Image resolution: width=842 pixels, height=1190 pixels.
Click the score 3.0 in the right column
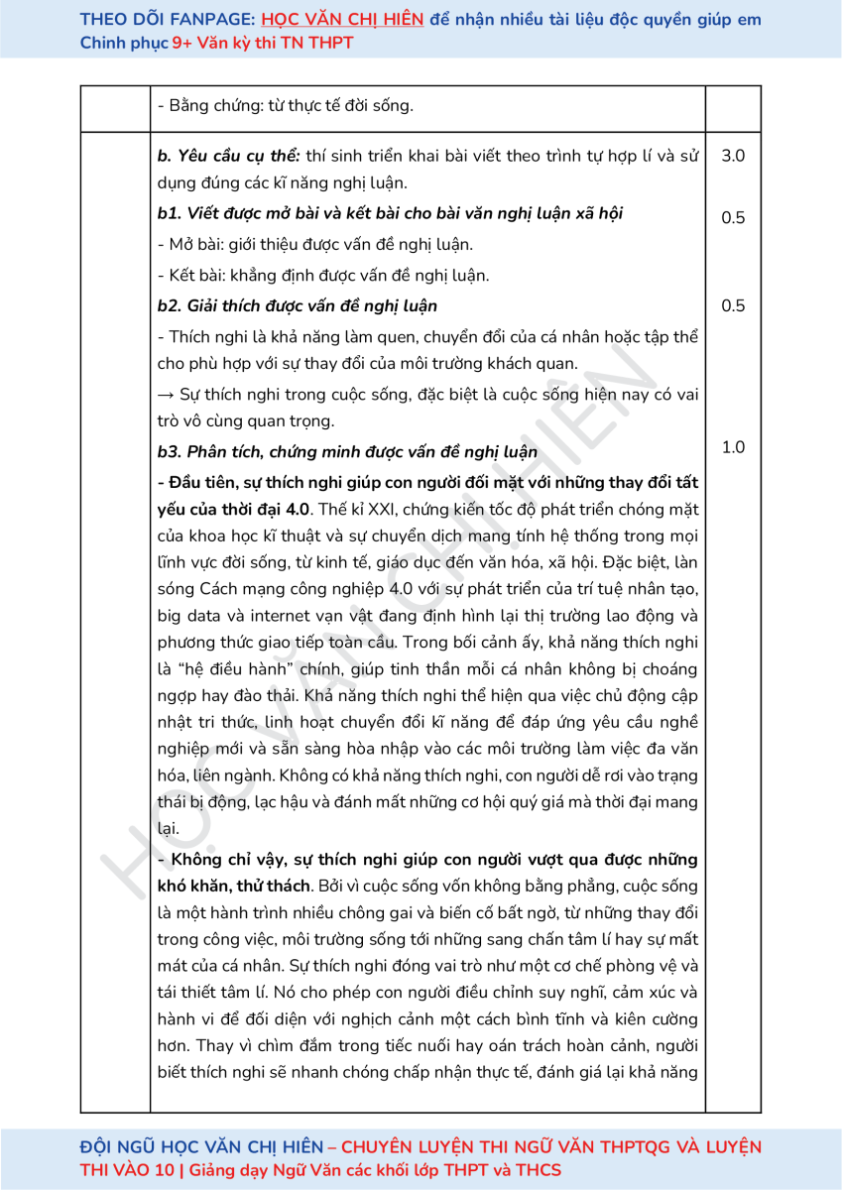(733, 157)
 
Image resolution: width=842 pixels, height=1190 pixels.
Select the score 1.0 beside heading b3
(733, 447)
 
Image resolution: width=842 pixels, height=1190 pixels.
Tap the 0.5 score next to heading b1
(733, 218)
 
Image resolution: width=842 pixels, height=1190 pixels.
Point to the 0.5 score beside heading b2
(733, 305)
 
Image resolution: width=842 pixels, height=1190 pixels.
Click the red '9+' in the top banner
(183, 43)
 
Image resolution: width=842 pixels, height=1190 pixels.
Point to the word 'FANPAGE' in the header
(210, 19)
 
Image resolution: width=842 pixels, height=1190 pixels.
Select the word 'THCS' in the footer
(536, 1169)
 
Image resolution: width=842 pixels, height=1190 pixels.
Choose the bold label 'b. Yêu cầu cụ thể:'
(228, 157)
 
